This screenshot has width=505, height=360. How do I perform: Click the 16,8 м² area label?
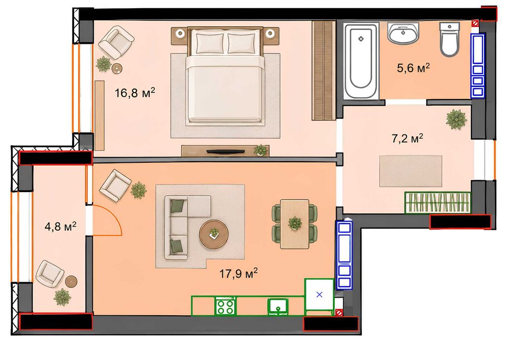(135, 93)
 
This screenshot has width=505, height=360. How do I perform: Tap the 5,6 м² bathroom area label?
(413, 68)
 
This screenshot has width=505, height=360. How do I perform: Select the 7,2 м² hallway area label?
(407, 139)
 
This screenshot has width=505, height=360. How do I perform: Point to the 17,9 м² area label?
(238, 273)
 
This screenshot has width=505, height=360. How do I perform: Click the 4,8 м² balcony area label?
(61, 226)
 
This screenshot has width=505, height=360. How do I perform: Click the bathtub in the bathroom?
(361, 60)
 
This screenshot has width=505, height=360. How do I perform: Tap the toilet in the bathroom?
(449, 39)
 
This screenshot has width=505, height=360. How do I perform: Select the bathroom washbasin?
(403, 32)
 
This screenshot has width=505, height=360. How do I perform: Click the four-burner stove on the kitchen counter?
(225, 306)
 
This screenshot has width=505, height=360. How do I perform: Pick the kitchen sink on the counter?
(278, 306)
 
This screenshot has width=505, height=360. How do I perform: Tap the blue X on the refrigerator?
(319, 294)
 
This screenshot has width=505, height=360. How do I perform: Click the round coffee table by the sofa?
(214, 234)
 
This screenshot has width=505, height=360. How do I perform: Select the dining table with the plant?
(294, 224)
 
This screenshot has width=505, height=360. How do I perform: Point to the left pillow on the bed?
(210, 43)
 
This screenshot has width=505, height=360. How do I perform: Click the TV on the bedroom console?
(225, 151)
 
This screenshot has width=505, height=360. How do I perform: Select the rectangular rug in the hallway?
(411, 171)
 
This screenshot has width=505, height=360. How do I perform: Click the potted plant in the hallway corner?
(457, 119)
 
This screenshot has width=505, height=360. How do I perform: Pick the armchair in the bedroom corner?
(116, 43)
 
